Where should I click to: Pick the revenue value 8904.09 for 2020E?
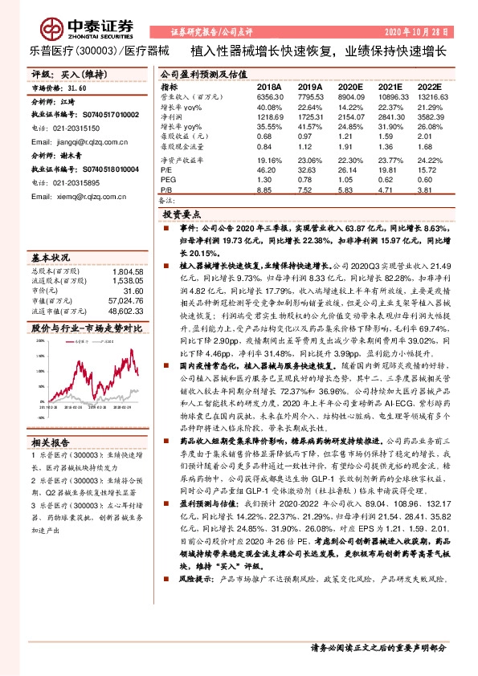click(x=349, y=96)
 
